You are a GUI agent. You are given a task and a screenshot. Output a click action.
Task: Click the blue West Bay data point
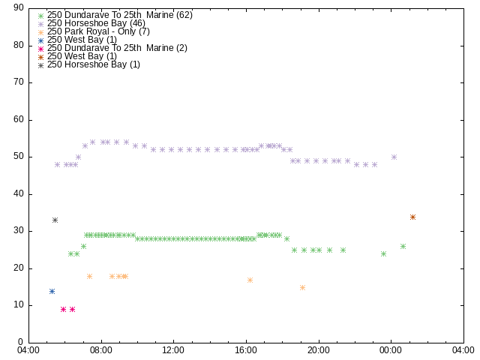[52, 292]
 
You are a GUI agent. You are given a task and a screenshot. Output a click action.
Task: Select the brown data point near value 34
[412, 217]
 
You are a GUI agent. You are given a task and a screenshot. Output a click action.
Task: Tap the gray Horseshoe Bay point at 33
[55, 220]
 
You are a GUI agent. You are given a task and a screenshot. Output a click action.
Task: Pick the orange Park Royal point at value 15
[302, 288]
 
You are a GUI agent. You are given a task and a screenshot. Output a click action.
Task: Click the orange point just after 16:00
[250, 280]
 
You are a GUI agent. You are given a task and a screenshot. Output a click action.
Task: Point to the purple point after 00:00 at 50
[394, 157]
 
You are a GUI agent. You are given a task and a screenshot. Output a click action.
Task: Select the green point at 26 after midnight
[403, 247]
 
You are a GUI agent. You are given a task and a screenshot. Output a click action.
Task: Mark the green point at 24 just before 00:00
[383, 253]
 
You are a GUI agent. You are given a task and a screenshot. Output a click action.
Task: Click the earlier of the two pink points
[63, 310]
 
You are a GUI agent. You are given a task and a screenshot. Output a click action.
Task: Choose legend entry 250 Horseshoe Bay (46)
[96, 23]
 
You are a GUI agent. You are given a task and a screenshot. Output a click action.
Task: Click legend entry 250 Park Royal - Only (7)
[98, 31]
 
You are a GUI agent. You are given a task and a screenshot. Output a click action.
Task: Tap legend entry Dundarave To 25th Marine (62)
[120, 15]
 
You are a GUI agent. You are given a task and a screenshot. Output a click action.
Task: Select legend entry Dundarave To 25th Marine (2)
[117, 48]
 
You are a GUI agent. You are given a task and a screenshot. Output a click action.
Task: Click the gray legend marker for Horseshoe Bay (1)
[40, 65]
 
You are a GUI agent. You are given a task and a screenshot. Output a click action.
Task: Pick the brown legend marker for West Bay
[40, 57]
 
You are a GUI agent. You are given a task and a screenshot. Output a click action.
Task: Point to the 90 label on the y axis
[19, 7]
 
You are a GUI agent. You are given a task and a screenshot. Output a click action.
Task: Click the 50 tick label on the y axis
[19, 156]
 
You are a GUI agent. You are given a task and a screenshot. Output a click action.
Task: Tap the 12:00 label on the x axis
[173, 350]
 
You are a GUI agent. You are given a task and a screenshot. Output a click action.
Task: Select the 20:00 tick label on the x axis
[319, 350]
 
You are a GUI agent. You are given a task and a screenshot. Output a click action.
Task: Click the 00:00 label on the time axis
[391, 350]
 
